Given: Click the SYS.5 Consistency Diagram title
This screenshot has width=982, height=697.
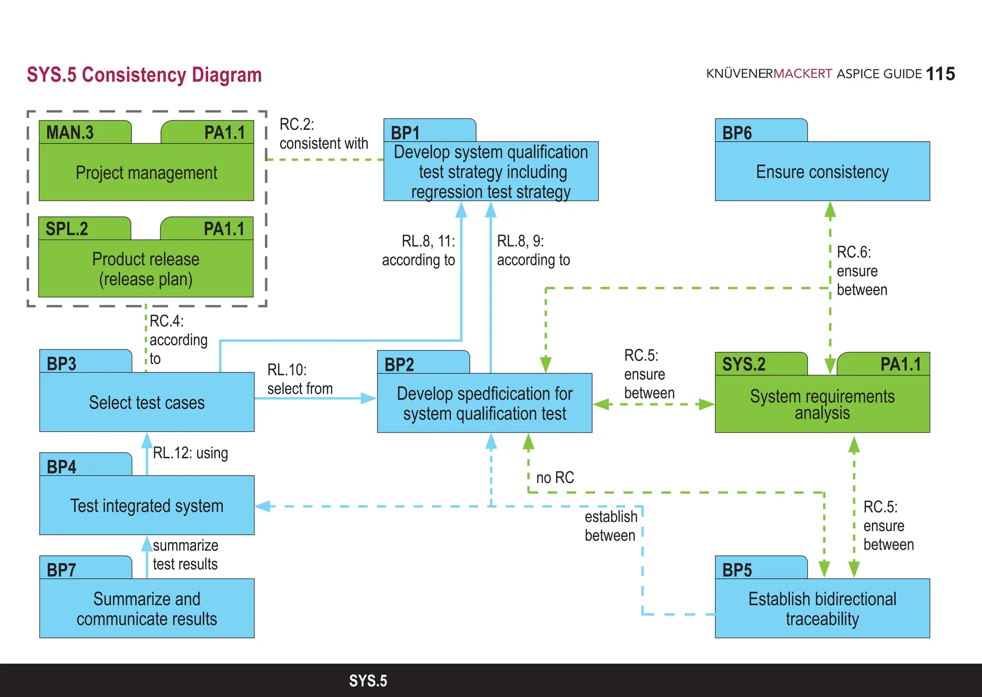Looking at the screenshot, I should point(144,75).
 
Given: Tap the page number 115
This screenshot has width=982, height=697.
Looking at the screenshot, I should point(940,74).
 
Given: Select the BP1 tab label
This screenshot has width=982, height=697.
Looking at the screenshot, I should point(405,132).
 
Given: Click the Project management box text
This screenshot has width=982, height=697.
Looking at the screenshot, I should point(146,173).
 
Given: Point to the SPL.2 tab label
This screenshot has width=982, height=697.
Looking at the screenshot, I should point(67,229).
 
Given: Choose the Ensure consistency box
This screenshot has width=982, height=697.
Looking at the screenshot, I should point(822,172).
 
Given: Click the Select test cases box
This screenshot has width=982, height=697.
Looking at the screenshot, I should point(147,402).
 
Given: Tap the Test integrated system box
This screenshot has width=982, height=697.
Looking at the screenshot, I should point(147,506).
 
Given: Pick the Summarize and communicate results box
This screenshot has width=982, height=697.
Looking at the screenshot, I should point(147,609).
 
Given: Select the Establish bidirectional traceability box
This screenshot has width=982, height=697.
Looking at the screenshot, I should point(822,609).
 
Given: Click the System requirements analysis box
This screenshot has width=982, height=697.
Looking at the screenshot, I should point(822,404).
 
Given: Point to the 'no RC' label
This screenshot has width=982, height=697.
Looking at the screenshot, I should point(555,477).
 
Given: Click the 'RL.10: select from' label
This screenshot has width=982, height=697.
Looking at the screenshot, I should point(300,379).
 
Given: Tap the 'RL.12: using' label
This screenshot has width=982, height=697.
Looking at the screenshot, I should point(190,453).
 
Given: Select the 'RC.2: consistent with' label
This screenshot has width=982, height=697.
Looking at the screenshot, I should point(324,134).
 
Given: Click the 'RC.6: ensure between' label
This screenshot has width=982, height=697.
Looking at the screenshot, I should point(862,271).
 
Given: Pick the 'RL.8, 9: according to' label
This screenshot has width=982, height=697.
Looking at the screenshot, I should point(533,250).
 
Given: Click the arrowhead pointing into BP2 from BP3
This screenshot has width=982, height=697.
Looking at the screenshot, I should point(369,398).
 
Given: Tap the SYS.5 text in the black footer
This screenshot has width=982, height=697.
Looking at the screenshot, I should point(368,681).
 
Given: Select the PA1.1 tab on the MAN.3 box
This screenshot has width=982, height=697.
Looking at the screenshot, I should point(224,132).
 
